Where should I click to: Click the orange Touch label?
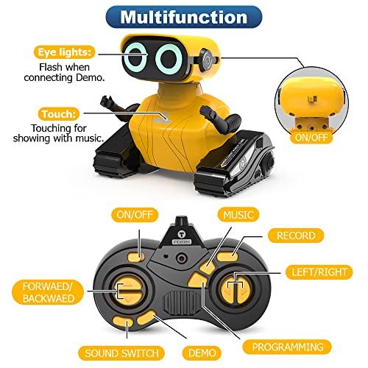[x=58, y=114]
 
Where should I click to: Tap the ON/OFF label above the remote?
[x=132, y=215]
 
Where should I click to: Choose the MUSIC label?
[x=238, y=215]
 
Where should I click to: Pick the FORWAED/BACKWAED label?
[x=46, y=291]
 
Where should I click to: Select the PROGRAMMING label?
[x=287, y=346]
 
